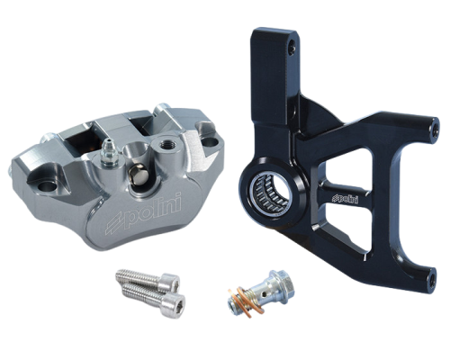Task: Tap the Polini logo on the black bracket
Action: click(x=346, y=198)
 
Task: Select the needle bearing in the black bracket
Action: click(x=269, y=194)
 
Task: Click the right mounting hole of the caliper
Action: click(x=209, y=140)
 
